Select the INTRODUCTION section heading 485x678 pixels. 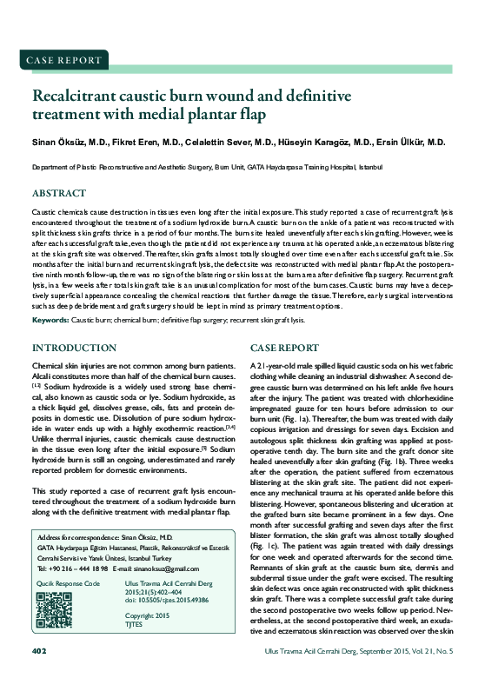pyautogui.click(x=73, y=348)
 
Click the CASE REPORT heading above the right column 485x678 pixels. pyautogui.click(x=282, y=348)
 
